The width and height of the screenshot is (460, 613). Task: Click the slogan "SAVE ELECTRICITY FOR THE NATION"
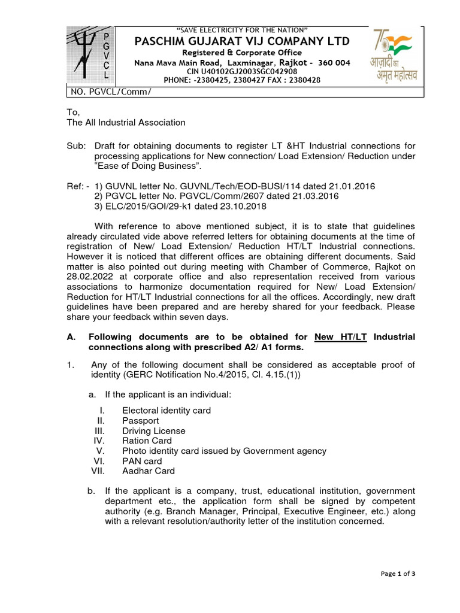click(243, 30)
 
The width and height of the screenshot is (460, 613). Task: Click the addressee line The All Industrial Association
click(126, 123)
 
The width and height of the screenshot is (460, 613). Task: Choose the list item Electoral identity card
click(166, 411)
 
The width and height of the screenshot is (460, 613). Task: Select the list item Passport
click(140, 421)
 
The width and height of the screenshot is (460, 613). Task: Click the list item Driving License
click(153, 431)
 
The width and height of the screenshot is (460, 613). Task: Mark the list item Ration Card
click(147, 441)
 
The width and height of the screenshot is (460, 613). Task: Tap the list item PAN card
click(142, 461)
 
